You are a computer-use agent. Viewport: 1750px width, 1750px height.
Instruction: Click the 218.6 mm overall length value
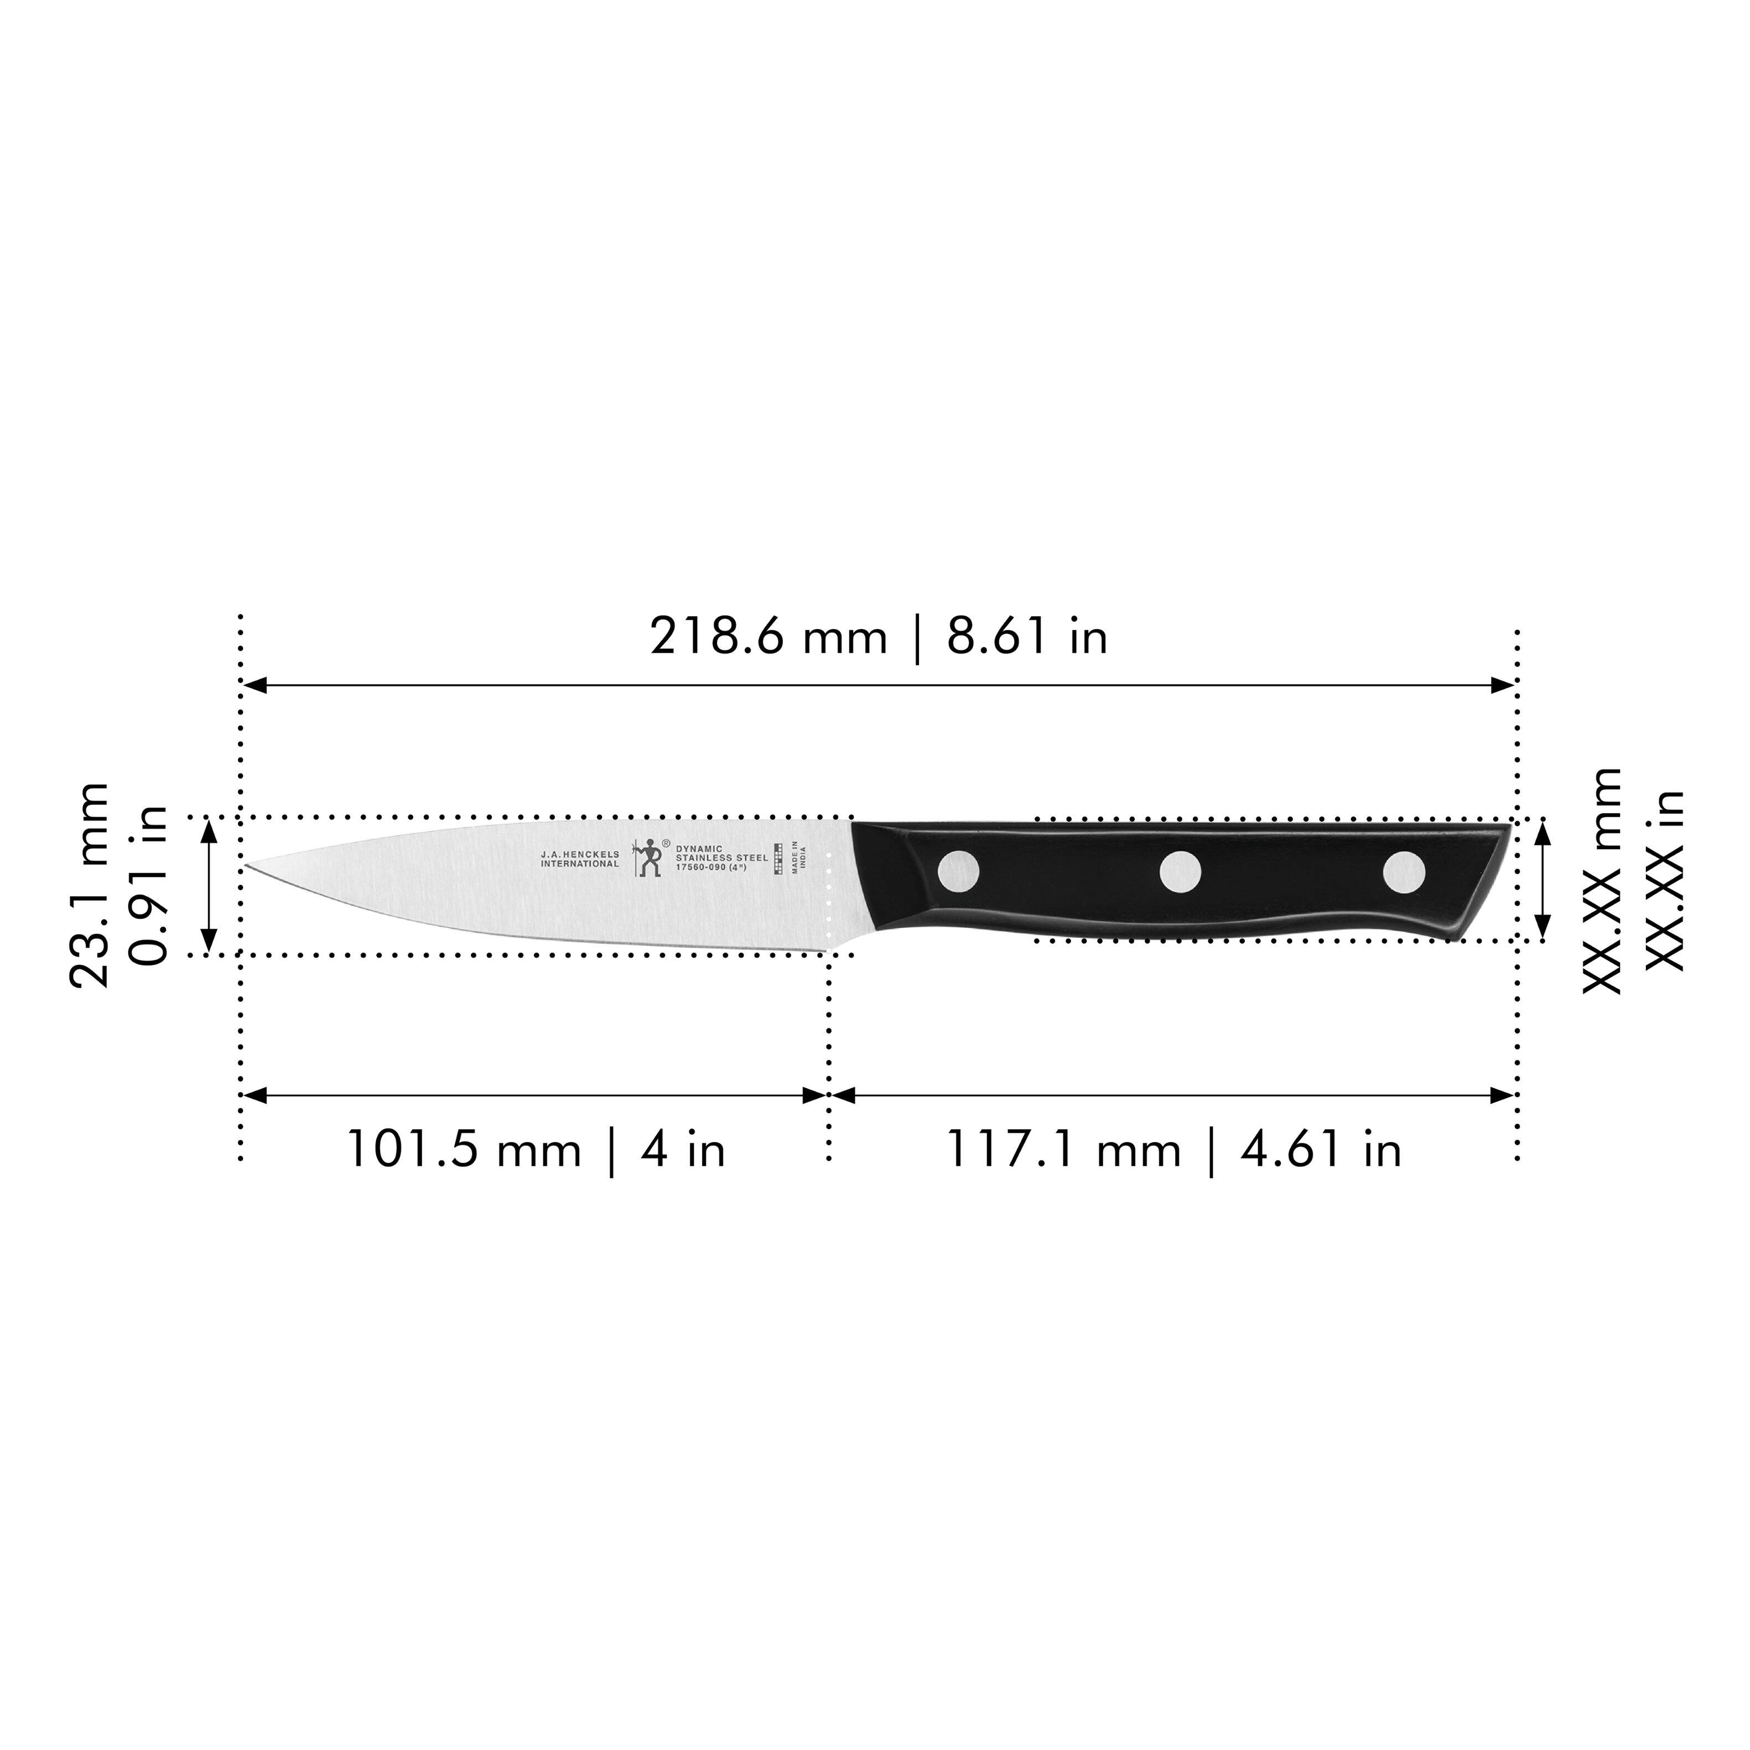(768, 637)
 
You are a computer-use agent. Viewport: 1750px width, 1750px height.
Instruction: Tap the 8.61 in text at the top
(1027, 637)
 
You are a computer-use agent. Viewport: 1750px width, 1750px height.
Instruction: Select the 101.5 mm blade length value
(463, 1150)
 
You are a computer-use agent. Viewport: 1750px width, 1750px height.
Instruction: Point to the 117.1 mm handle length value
(1063, 1150)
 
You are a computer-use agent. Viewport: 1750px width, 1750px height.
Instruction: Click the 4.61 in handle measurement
(1321, 1150)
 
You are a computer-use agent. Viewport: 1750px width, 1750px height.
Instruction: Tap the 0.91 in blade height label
(148, 885)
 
